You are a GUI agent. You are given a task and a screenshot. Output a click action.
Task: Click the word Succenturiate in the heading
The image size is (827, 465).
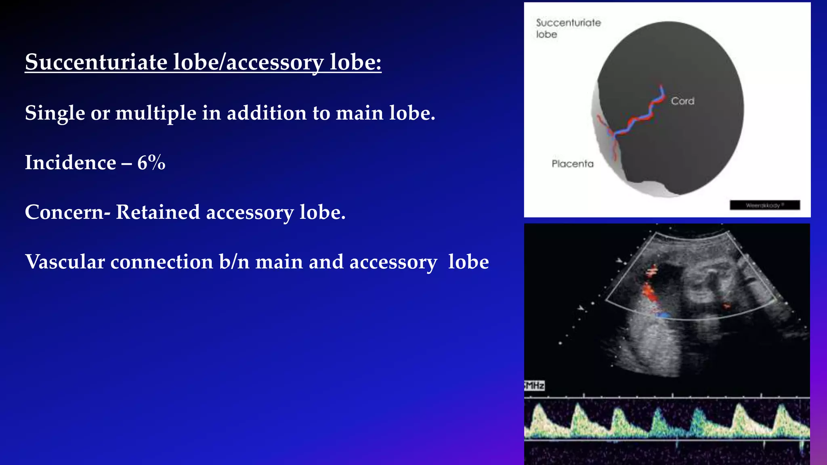96,62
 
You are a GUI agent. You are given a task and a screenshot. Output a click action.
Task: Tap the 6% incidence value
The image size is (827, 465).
151,163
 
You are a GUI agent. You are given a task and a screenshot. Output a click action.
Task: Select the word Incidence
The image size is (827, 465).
70,163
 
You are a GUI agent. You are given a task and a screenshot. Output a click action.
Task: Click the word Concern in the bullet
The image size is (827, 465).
64,212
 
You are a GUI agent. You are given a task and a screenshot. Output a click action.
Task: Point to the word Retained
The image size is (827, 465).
157,212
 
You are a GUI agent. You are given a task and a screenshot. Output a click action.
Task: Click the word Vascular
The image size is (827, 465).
65,262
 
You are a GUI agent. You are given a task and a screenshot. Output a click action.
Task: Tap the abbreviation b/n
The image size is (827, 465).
234,262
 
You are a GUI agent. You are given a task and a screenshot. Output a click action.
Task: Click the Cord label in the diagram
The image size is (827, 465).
682,101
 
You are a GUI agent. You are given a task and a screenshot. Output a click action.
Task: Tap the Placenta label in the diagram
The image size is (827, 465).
573,164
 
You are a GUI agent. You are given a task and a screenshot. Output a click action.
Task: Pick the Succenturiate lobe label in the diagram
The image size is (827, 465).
568,28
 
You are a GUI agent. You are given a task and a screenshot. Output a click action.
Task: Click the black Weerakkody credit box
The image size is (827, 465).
764,205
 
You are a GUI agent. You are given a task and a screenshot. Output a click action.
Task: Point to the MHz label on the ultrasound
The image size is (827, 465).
535,385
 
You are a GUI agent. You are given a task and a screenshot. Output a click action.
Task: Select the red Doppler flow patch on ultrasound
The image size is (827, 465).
649,293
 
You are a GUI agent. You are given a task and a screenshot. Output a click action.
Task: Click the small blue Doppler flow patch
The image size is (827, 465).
663,314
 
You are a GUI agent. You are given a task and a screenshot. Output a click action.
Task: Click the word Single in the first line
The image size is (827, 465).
55,113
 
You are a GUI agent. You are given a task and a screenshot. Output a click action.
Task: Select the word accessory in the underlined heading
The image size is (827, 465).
275,62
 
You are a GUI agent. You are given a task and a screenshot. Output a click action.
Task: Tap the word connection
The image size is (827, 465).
162,262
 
